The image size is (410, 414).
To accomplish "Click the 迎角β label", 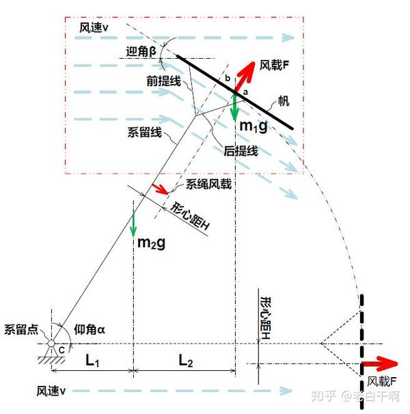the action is tap(143, 51).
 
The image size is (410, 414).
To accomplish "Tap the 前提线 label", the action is tap(161, 79).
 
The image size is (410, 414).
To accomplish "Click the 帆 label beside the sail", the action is tap(282, 101).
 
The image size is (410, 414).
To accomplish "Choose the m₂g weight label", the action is tap(151, 243).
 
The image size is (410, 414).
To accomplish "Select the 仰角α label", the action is tap(89, 329).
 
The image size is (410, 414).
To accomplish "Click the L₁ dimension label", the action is tap(92, 361).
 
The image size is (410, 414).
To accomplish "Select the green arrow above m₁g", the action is tap(234, 105).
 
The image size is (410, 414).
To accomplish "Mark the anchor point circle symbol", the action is tap(51, 343).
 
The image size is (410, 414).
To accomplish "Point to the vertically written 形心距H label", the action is tap(266, 319).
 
